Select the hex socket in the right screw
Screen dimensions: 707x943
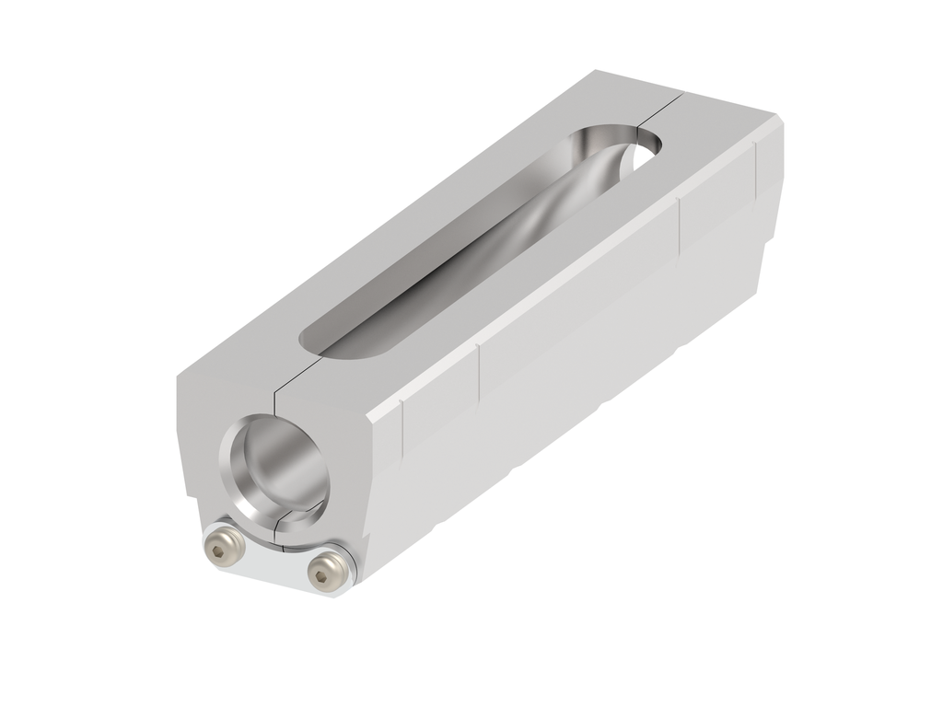click(321, 575)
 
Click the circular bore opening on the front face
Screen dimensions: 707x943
click(274, 465)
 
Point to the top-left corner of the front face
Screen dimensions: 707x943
click(178, 378)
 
